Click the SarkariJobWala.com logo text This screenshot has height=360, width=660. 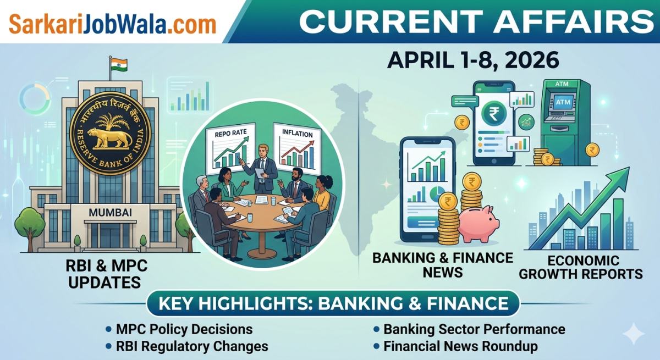pyautogui.click(x=112, y=24)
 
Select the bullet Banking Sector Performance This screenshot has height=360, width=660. pyautogui.click(x=474, y=329)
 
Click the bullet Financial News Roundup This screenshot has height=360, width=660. pyautogui.click(x=460, y=346)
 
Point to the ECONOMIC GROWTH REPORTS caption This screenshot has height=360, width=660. pyautogui.click(x=581, y=267)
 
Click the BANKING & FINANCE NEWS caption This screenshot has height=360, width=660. pyautogui.click(x=443, y=264)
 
